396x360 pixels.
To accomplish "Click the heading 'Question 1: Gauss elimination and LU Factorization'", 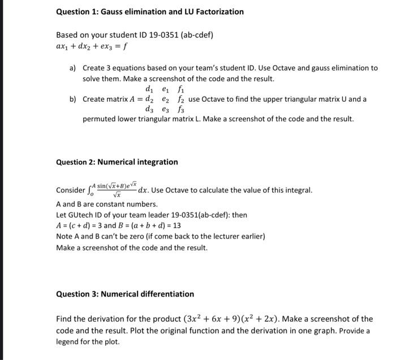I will (x=150, y=11).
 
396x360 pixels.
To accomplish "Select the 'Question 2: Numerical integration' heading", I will (x=117, y=162).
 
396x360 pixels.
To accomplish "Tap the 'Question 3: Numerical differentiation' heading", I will (x=125, y=294).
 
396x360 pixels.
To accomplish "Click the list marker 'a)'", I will (x=73, y=68).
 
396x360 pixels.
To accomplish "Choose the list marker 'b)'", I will (x=73, y=99).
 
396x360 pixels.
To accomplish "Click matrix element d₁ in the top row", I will (x=149, y=89).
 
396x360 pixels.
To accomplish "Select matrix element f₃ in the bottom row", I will (x=181, y=109).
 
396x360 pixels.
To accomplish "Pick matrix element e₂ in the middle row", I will (x=165, y=99).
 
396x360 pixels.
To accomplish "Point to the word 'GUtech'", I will (x=81, y=215).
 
